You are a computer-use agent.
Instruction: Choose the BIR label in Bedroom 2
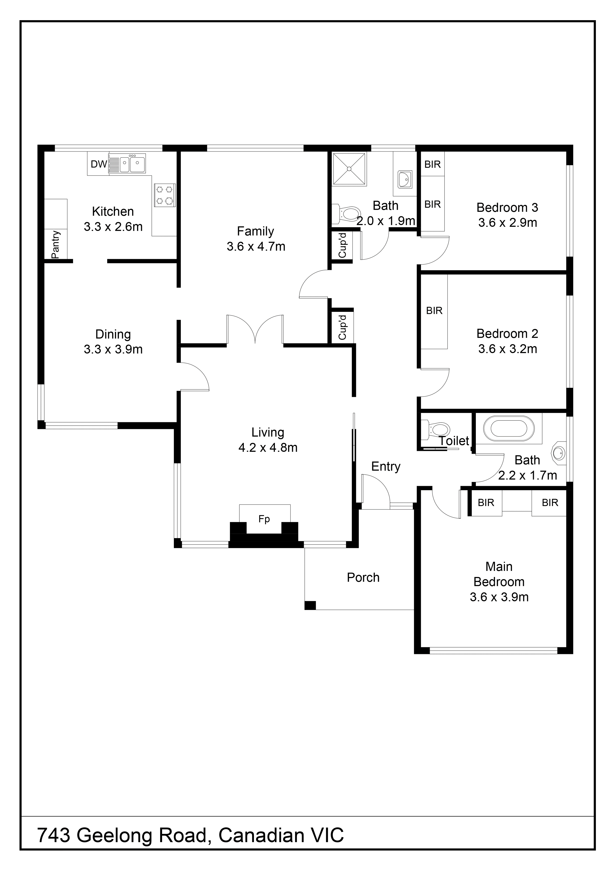pos(434,311)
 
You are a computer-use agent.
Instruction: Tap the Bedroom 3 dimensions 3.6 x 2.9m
pos(507,223)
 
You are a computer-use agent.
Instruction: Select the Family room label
pos(255,231)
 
